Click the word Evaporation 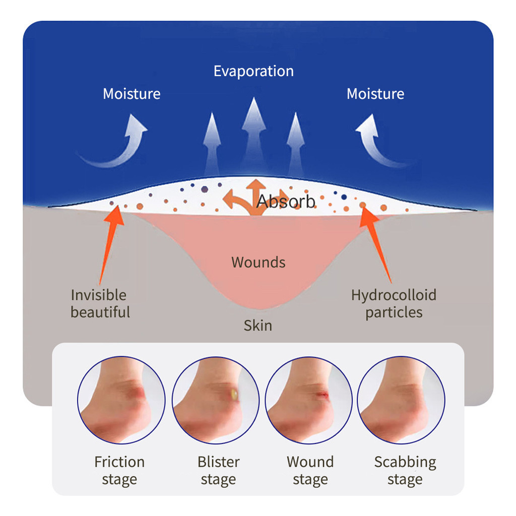(x=253, y=72)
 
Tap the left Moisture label (x=132, y=94)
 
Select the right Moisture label (x=375, y=94)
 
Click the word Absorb (x=286, y=202)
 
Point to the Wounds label (x=259, y=262)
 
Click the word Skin (x=258, y=326)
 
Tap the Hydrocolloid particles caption (x=394, y=303)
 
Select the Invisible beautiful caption (x=100, y=303)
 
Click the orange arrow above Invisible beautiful (x=110, y=245)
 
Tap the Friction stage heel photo (x=121, y=400)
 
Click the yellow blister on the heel (x=234, y=394)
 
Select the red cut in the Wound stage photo (x=322, y=394)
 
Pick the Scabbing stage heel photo (x=401, y=400)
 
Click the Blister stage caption (x=218, y=471)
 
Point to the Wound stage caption (x=310, y=471)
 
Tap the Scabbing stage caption (x=405, y=471)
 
